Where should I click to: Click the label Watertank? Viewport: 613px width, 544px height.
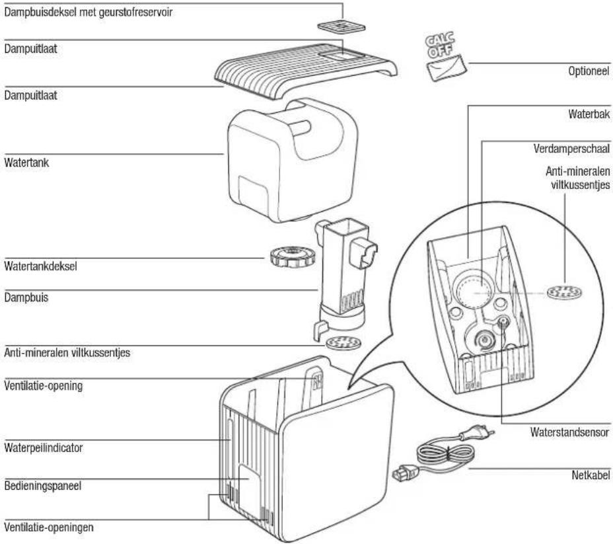[26, 163]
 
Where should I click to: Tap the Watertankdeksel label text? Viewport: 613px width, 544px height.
[40, 266]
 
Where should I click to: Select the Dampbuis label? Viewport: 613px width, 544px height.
[26, 297]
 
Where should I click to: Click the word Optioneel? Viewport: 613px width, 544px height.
[589, 71]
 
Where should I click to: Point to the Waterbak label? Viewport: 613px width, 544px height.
[589, 114]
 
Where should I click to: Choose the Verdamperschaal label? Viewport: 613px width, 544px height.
[571, 149]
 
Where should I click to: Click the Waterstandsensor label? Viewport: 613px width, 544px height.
[569, 432]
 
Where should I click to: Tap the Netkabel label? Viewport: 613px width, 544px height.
[591, 475]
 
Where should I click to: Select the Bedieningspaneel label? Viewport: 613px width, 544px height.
[43, 486]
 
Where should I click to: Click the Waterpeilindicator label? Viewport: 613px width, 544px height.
[44, 447]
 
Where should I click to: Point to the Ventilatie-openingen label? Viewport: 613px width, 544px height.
[49, 527]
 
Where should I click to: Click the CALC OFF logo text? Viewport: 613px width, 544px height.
[440, 44]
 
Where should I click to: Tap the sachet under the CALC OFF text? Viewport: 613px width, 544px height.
[447, 68]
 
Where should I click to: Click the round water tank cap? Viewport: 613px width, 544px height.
[292, 257]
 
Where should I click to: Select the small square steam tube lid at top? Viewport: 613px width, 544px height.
[341, 27]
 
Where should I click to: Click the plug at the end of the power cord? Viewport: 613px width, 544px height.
[478, 432]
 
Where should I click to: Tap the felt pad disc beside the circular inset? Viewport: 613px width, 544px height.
[564, 292]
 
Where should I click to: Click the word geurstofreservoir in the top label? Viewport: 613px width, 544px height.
[135, 12]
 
